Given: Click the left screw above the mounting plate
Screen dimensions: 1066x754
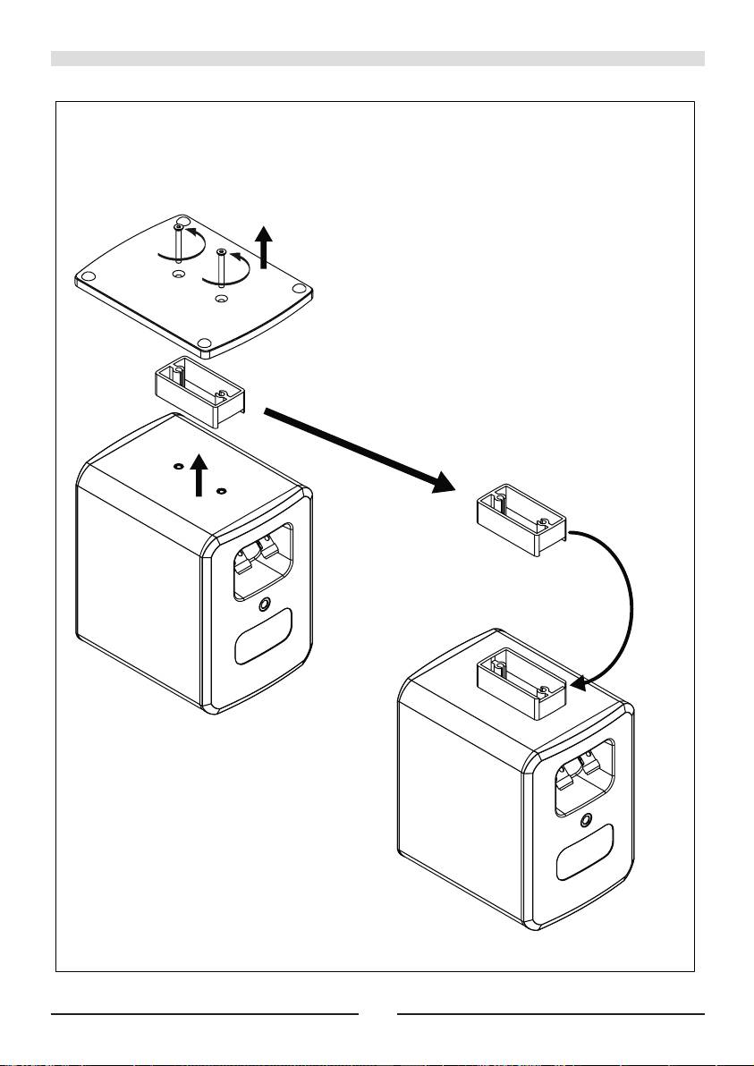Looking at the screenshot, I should [180, 243].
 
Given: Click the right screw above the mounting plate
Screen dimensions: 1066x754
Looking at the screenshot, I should [220, 265].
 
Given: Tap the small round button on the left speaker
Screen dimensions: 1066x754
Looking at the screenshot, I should [264, 605].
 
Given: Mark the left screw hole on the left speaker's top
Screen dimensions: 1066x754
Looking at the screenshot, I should [178, 466].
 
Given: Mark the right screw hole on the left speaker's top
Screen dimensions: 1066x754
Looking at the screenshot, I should [221, 490].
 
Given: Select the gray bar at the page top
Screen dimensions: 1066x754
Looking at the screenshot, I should [377, 59].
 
